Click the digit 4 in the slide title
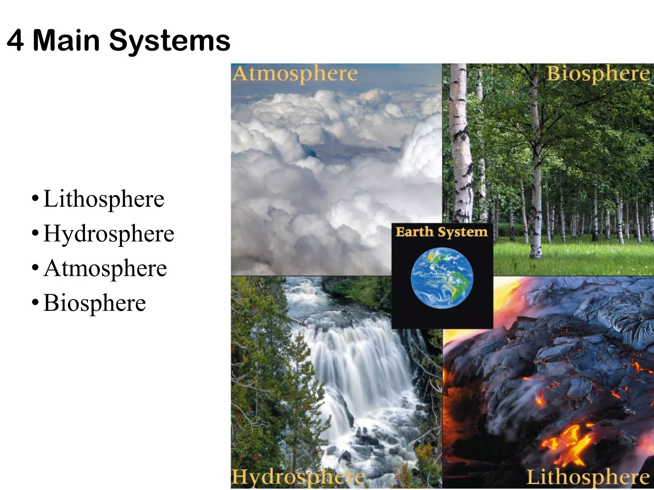(15, 41)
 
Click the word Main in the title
(66, 41)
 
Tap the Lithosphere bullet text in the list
(104, 199)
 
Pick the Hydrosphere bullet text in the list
(109, 234)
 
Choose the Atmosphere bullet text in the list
(105, 268)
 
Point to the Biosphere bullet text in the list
(95, 303)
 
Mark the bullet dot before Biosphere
(35, 303)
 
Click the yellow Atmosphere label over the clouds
(295, 74)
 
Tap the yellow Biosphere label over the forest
(598, 74)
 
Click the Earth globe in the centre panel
(442, 278)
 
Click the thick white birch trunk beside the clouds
(460, 144)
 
